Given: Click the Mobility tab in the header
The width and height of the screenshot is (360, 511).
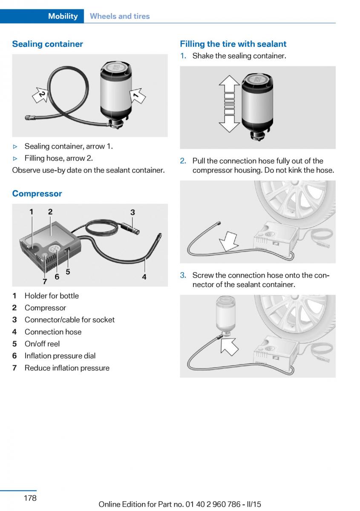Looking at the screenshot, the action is tap(63, 16).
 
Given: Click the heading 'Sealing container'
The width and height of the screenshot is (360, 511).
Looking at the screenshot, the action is tap(47, 44).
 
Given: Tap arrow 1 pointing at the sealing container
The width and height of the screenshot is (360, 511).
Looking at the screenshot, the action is tap(137, 96).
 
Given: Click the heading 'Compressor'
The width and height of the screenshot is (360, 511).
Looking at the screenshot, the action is tap(37, 193).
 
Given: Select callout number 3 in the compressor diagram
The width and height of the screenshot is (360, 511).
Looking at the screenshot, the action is tap(132, 212).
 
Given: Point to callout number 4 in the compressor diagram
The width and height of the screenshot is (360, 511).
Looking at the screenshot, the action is tap(144, 277).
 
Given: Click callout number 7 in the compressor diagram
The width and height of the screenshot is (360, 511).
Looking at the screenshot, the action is tap(45, 281).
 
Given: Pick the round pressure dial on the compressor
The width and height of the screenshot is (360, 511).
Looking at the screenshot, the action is tap(55, 251).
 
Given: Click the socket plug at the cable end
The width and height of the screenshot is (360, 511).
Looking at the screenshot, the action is tap(130, 229).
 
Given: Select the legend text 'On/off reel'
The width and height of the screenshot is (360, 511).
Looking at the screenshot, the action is tap(42, 344).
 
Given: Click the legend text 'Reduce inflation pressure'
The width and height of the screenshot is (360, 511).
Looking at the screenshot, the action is tap(67, 368).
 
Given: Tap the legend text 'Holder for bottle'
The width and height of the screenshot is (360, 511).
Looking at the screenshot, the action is tap(52, 296).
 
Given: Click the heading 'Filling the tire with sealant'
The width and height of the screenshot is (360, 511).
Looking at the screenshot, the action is tap(233, 44).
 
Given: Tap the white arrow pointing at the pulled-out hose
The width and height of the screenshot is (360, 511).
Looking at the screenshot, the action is tap(229, 241).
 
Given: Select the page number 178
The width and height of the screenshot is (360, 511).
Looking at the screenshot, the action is tap(30, 498).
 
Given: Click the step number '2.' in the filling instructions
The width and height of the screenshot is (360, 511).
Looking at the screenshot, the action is tap(183, 161).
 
